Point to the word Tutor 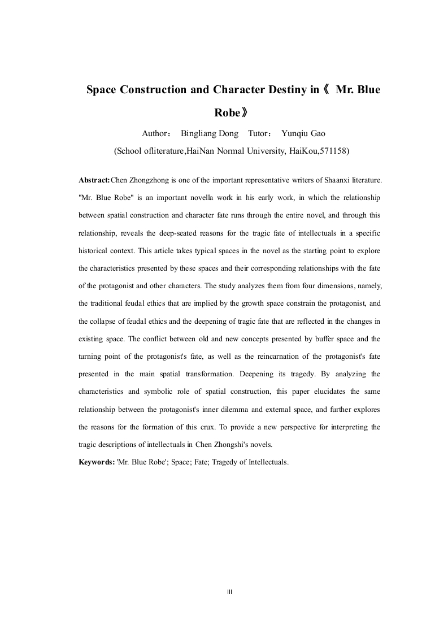[260, 134]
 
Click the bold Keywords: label [97, 462]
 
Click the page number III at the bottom [230, 592]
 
